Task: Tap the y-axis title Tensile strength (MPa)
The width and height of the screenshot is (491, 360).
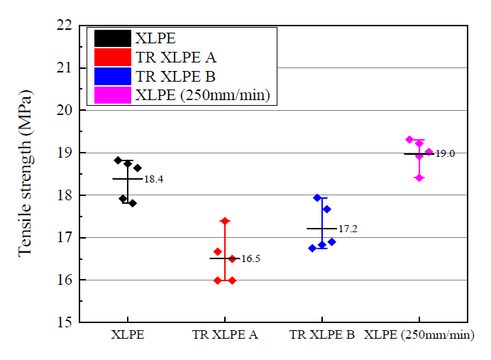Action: (x=25, y=173)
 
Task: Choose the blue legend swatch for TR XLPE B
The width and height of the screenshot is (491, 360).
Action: (x=112, y=76)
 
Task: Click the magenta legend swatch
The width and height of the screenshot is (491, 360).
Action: (x=112, y=94)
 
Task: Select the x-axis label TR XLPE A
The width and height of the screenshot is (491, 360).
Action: (x=225, y=334)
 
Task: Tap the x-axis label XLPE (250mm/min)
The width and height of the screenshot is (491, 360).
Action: (x=419, y=334)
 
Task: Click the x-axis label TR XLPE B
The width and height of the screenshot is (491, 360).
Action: (x=322, y=334)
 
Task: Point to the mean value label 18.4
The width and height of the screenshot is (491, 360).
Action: (x=153, y=180)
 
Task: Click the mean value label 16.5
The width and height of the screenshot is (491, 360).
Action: (x=250, y=259)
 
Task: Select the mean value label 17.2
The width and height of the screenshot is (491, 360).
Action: (x=348, y=229)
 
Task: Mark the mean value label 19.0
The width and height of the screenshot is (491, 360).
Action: (x=445, y=153)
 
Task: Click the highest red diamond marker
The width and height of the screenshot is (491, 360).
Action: (x=225, y=221)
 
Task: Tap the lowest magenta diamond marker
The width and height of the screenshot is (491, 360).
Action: (x=419, y=178)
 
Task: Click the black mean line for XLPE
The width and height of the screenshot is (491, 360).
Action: (x=128, y=179)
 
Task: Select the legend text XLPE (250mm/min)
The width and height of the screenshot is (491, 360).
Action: (x=203, y=94)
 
